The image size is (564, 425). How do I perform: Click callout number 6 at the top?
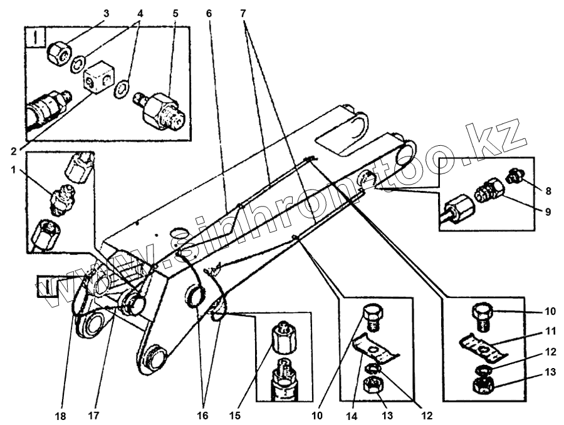click(209, 13)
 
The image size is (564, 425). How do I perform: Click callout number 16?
click(204, 414)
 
